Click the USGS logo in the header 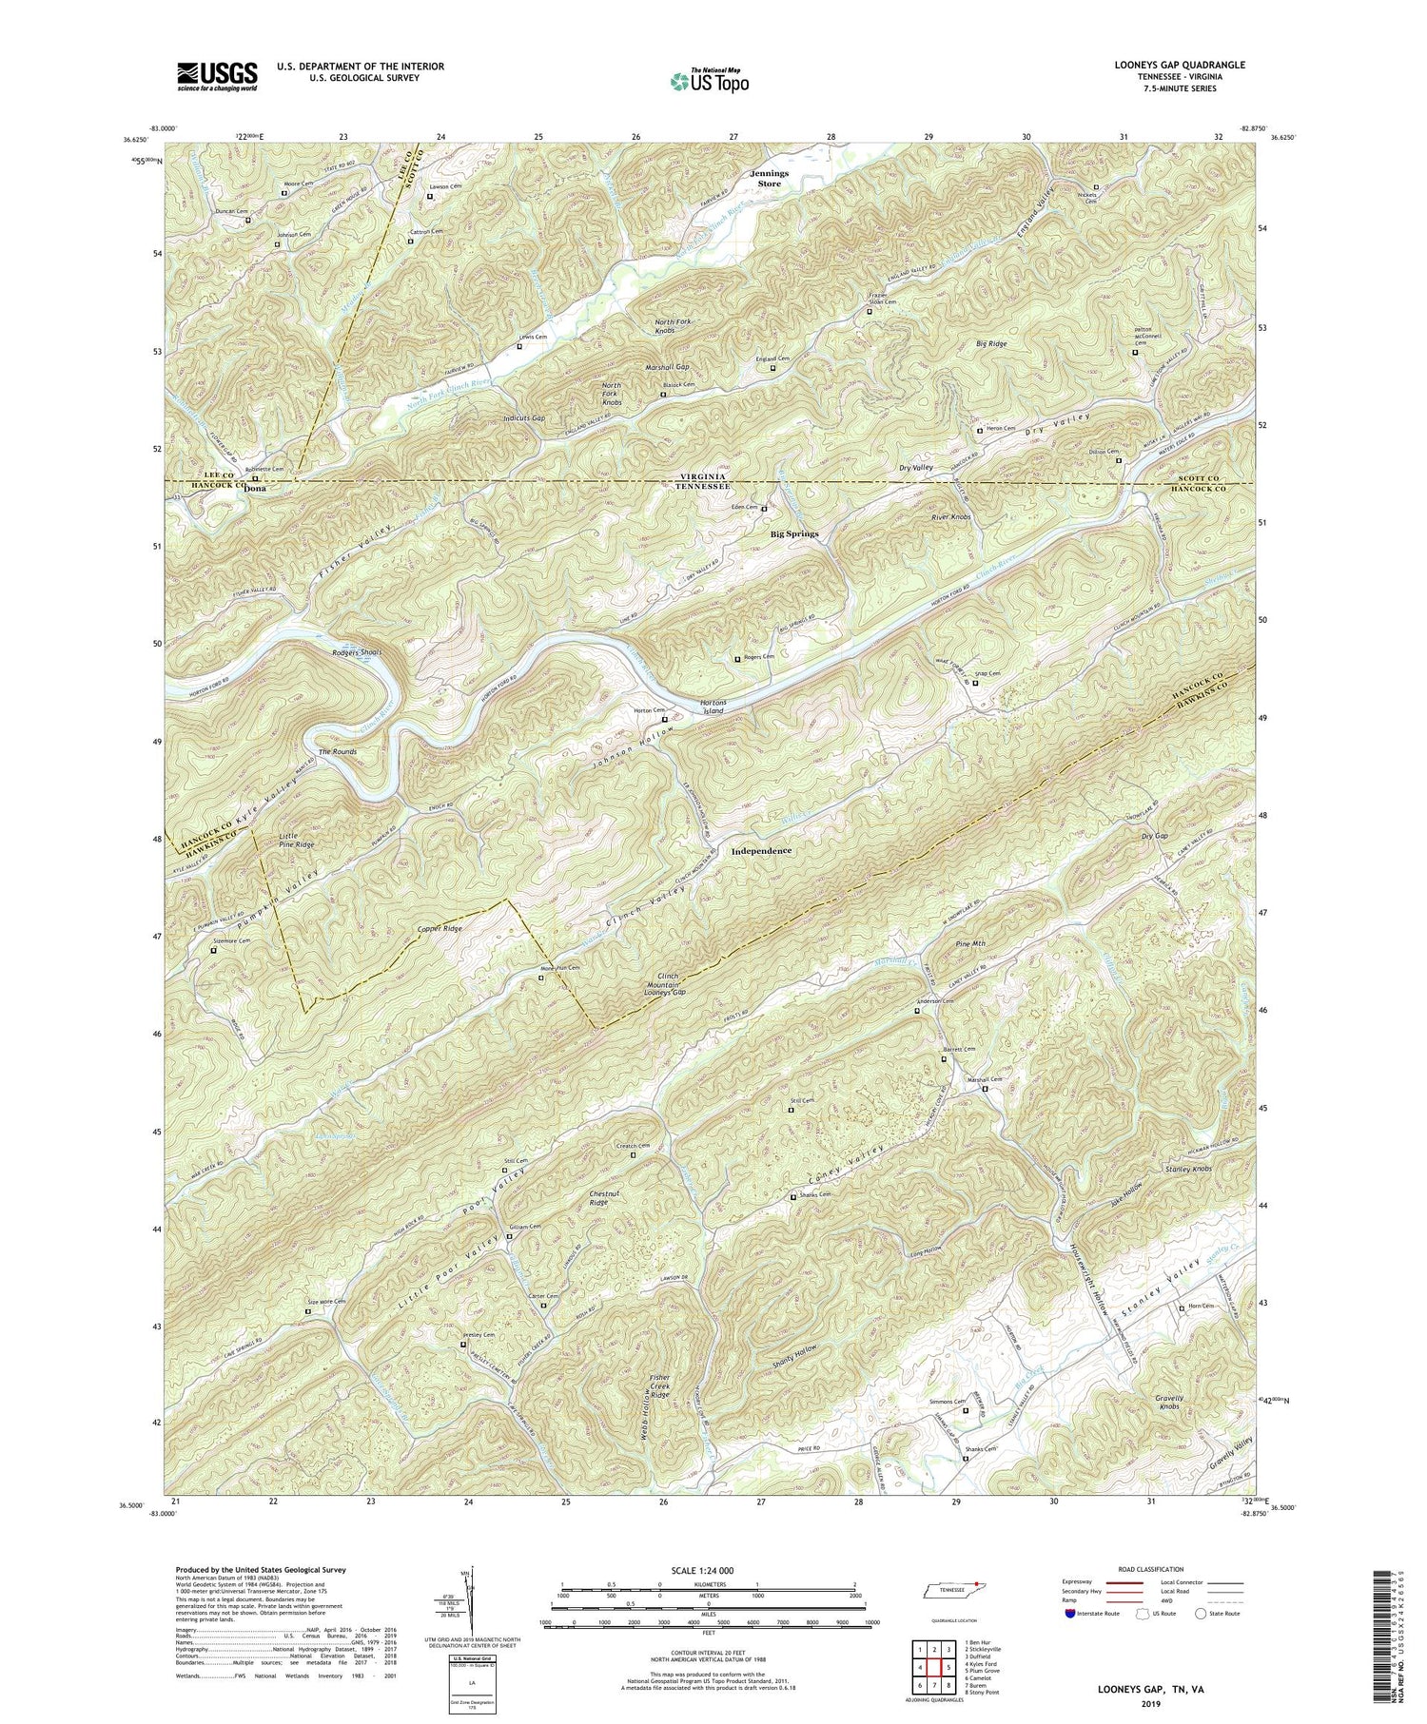click(x=217, y=76)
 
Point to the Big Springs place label click(x=794, y=534)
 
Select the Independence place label click(x=762, y=850)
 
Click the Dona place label click(x=244, y=489)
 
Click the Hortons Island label click(x=713, y=706)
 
